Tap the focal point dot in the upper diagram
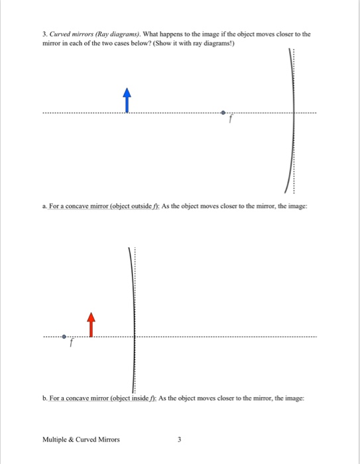pos(223,113)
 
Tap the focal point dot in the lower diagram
pos(64,336)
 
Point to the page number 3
pos(180,439)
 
